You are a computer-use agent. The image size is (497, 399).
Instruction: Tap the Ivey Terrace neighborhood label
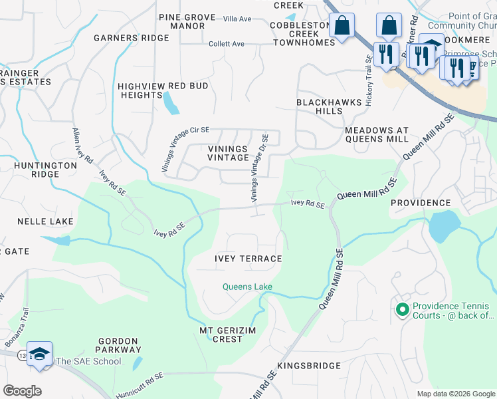coord(248,259)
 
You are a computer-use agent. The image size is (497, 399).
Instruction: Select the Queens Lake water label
coord(247,287)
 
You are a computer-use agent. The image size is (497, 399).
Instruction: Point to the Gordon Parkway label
coord(120,344)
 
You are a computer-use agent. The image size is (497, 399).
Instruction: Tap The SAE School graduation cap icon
coord(39,352)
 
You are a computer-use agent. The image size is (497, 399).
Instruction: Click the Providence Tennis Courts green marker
coord(401,310)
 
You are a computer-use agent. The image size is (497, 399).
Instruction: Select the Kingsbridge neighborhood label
coord(309,366)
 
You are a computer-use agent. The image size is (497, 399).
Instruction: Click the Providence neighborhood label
coord(421,202)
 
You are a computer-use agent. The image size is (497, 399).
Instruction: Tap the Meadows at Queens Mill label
coord(377,134)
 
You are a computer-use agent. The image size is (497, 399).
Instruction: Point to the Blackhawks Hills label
coord(329,107)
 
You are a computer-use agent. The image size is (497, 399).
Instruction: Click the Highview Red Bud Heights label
coord(163,90)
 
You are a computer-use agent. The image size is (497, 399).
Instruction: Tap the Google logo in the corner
coord(22,391)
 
